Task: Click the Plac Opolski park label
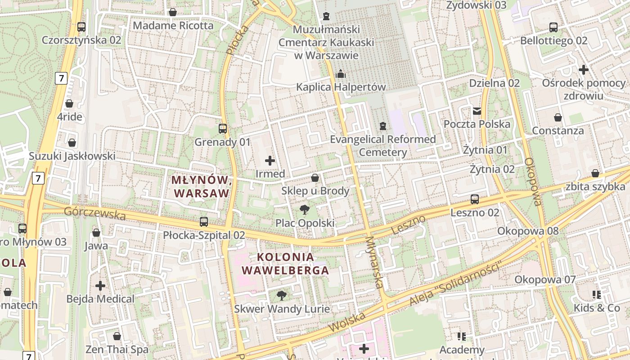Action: click(305, 223)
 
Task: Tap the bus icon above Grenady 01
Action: click(223, 129)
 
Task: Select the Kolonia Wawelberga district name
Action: click(286, 264)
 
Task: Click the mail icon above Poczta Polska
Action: click(477, 111)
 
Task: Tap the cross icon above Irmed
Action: click(270, 160)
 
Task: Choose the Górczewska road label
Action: click(94, 213)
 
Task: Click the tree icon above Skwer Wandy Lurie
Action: click(282, 295)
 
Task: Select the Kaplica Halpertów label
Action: click(341, 87)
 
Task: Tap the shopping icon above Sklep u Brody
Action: click(315, 178)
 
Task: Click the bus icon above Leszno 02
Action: click(475, 199)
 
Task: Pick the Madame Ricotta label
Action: click(173, 26)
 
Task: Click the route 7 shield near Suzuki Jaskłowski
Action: click(38, 178)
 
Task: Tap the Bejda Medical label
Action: click(100, 299)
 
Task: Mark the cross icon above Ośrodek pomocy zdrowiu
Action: click(584, 70)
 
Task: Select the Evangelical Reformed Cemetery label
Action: click(383, 145)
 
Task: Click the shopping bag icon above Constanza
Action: click(558, 117)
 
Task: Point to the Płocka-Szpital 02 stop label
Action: click(204, 235)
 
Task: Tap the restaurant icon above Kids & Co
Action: click(597, 295)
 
